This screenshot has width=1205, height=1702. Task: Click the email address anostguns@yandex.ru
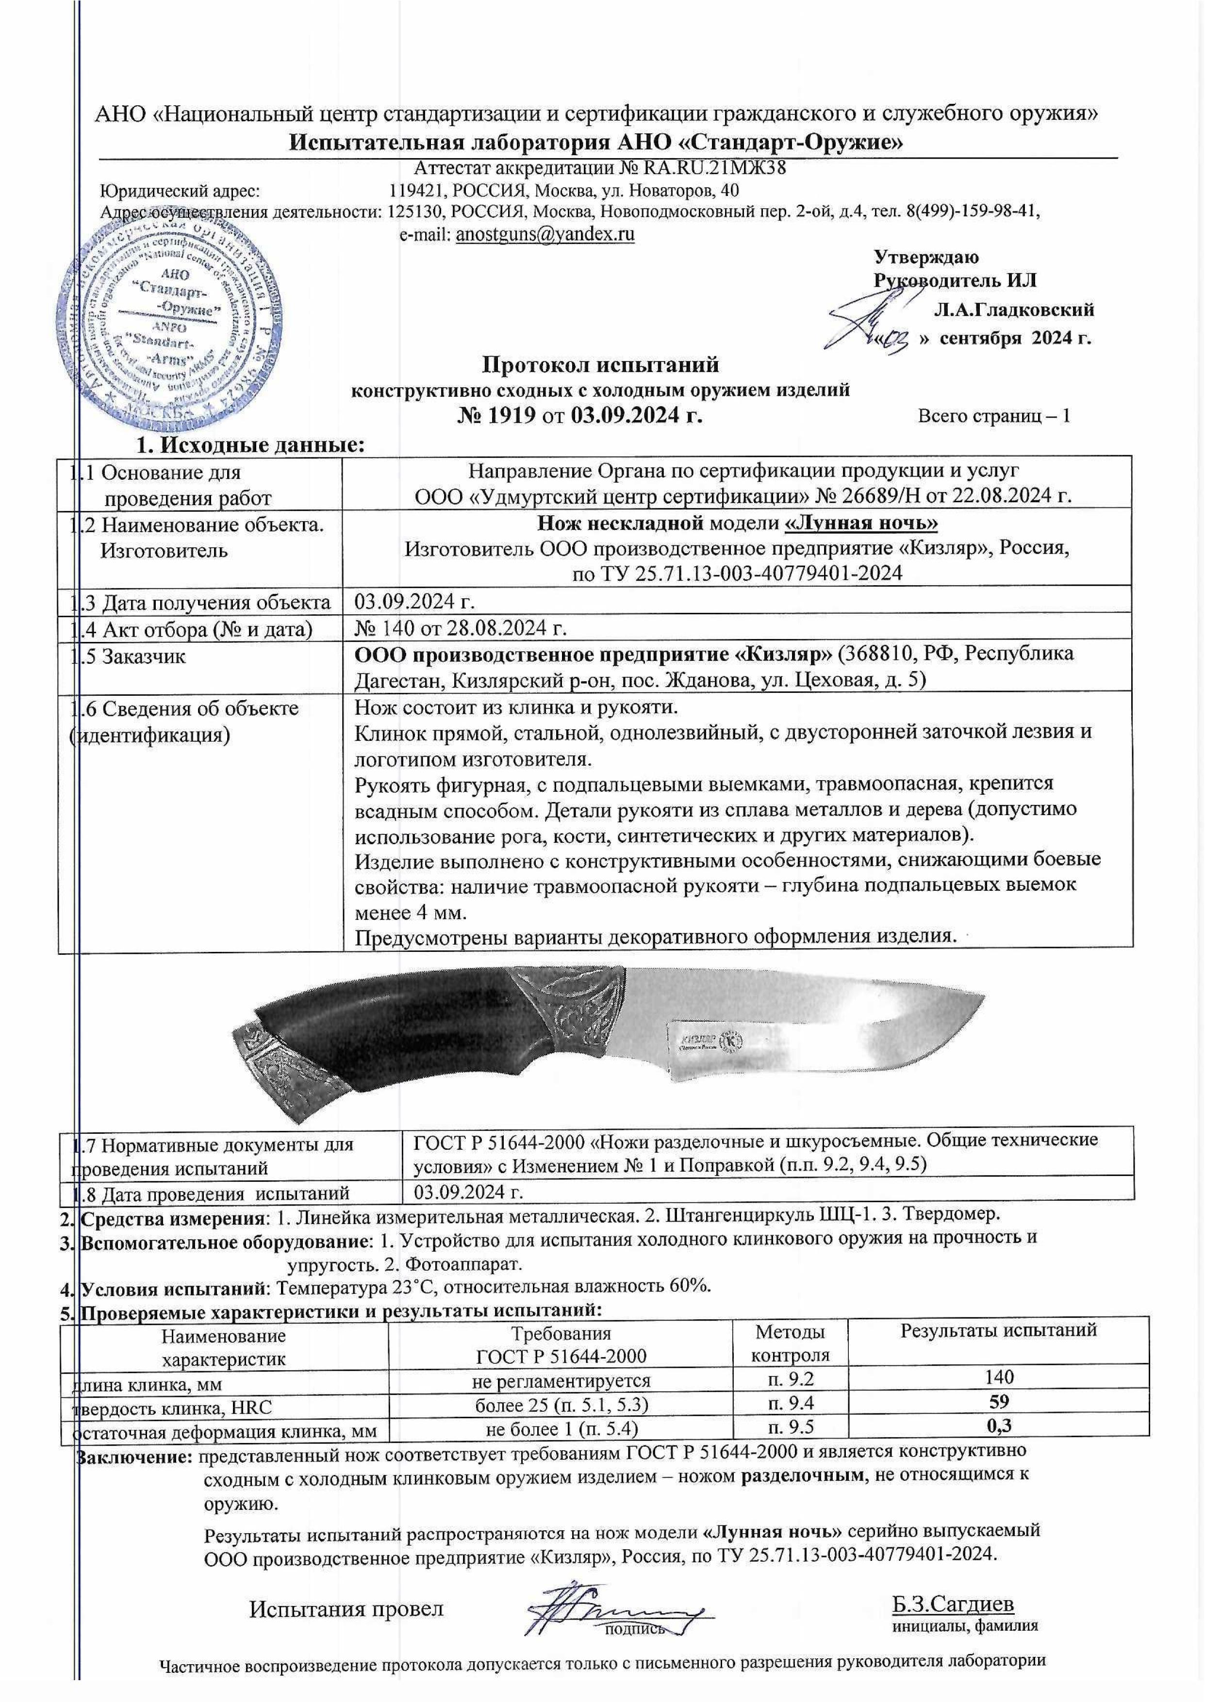pyautogui.click(x=545, y=234)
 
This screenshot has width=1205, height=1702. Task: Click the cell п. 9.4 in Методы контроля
pyautogui.click(x=790, y=1402)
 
